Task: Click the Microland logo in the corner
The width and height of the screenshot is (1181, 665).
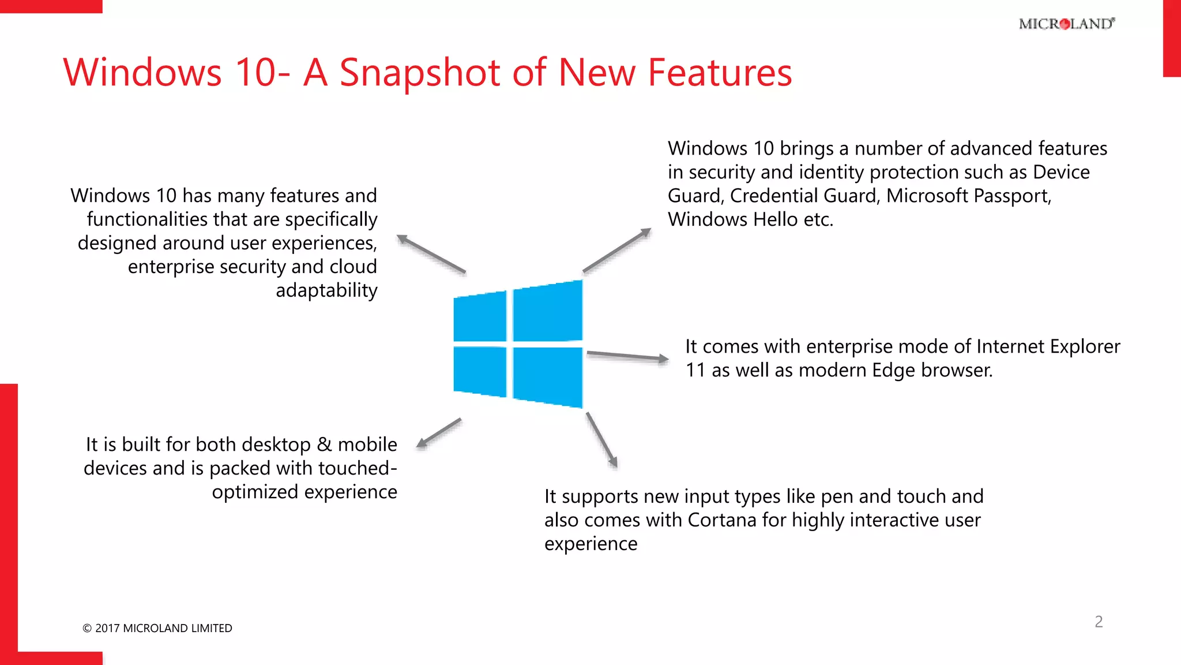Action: coord(1067,24)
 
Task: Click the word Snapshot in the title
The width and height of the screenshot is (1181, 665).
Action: coord(420,73)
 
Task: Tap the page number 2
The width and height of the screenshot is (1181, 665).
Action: coord(1099,622)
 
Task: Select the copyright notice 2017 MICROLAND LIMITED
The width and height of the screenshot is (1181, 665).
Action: coord(157,628)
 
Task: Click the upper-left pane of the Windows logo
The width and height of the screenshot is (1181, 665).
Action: coord(480,317)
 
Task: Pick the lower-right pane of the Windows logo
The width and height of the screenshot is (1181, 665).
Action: coord(547,376)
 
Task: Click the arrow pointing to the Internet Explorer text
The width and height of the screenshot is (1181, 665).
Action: coord(627,356)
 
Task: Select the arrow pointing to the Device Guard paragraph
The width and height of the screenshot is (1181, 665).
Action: coord(617,249)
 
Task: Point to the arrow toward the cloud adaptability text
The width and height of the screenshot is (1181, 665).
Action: coord(431,254)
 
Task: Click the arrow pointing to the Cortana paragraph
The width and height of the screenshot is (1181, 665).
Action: coord(601,439)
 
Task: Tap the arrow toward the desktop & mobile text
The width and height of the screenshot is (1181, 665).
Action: coord(439,432)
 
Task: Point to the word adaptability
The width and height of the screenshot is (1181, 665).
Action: coord(326,290)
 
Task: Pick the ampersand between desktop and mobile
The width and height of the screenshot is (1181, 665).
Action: coord(324,444)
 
